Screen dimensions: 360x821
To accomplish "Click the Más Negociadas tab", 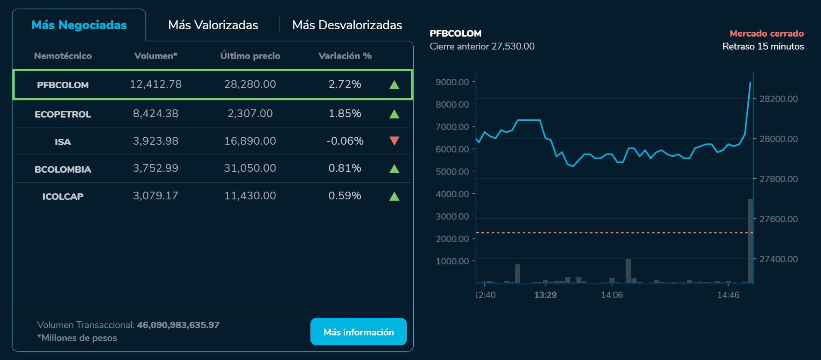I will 79,25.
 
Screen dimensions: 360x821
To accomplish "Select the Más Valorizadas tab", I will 213,25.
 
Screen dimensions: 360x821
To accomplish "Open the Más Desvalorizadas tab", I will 347,25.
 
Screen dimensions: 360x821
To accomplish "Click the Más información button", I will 358,332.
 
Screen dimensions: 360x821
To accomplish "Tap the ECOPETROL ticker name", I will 63,114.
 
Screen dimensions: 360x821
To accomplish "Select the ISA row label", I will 63,142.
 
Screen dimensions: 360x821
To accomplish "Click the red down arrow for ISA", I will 394,141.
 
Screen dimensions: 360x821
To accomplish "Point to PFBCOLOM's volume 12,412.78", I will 156,84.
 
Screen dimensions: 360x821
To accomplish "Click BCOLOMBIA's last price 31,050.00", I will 250,168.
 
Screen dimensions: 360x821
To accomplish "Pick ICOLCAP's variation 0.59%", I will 344,196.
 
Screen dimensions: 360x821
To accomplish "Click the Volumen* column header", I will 156,56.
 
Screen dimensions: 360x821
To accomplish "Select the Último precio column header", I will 250,56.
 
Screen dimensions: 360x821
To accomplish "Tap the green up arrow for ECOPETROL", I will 394,114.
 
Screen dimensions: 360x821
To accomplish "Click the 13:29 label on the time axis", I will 545,295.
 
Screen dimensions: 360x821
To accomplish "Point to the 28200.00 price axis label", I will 778,99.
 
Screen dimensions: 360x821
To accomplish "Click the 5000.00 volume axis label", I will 452,171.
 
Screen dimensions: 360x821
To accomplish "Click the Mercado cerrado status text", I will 766,34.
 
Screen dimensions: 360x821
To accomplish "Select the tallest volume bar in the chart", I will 750,241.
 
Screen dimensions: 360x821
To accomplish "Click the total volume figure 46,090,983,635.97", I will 178,325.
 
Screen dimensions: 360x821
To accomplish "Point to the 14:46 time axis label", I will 728,295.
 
